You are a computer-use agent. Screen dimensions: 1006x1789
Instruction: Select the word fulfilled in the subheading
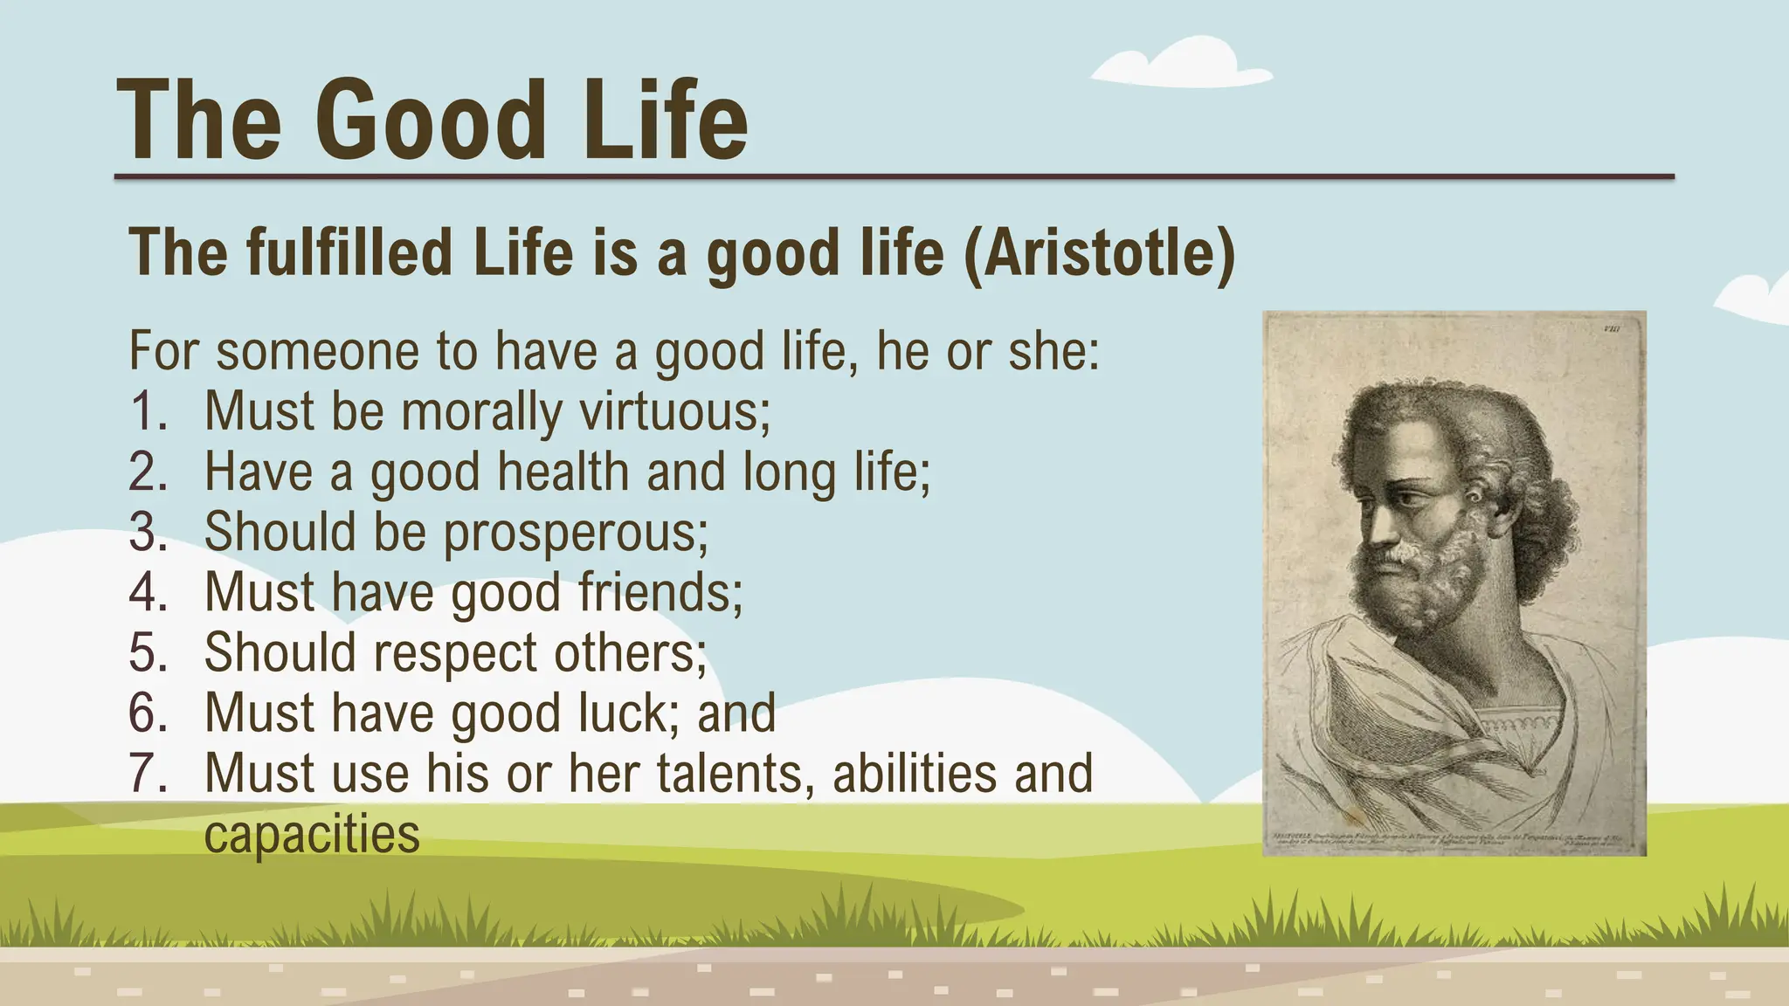click(x=349, y=252)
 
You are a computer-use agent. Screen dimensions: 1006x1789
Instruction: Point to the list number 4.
click(x=148, y=592)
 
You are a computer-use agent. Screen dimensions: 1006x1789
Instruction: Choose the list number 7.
click(x=148, y=774)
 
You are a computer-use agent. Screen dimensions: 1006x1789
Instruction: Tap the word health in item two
click(x=563, y=472)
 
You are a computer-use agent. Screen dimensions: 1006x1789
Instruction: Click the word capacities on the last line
click(x=312, y=835)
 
